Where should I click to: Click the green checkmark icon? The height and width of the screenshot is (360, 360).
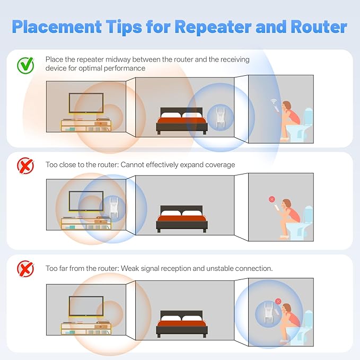[x=25, y=65]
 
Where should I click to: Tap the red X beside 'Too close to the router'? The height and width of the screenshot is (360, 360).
[x=25, y=165]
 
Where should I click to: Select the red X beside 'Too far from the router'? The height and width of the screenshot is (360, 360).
[x=25, y=269]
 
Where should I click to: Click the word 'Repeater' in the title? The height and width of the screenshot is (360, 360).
[x=213, y=27]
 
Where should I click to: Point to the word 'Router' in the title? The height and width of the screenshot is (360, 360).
[x=319, y=27]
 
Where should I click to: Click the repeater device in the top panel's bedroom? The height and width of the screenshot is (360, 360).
[x=220, y=117]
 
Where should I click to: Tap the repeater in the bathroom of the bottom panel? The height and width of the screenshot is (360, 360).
[x=268, y=312]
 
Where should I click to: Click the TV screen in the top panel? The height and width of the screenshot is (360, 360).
[x=86, y=103]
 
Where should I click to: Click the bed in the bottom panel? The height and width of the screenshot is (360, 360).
[x=182, y=324]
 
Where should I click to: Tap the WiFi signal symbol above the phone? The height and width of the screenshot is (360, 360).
[x=274, y=101]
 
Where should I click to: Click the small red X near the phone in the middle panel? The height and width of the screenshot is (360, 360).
[x=272, y=199]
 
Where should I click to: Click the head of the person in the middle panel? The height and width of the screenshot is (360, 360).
[x=286, y=204]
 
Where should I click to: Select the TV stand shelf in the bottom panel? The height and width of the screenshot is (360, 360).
[x=86, y=329]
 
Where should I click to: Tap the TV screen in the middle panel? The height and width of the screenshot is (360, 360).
[x=86, y=201]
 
